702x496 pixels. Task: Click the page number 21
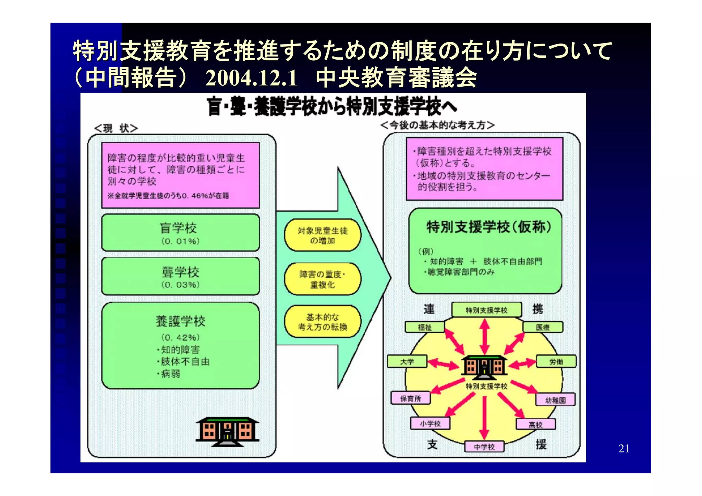click(624, 448)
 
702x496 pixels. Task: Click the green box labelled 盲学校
click(180, 233)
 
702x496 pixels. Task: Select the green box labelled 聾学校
click(180, 276)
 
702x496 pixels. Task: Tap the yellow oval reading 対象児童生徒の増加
click(323, 235)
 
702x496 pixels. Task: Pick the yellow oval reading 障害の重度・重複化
click(323, 279)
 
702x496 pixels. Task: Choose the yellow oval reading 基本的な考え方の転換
click(323, 322)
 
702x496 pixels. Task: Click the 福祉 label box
click(425, 327)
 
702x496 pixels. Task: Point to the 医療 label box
click(543, 327)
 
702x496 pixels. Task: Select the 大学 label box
click(407, 361)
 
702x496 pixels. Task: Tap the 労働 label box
click(556, 361)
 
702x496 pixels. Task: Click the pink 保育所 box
click(411, 398)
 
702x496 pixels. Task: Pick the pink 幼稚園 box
click(555, 400)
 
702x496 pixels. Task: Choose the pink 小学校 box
click(430, 423)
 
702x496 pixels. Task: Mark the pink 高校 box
click(535, 424)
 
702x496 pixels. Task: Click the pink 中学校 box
click(484, 447)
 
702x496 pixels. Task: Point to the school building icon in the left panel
click(227, 432)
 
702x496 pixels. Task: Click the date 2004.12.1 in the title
click(251, 78)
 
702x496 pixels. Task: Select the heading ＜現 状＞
click(116, 128)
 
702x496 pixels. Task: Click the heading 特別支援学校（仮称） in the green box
click(488, 227)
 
